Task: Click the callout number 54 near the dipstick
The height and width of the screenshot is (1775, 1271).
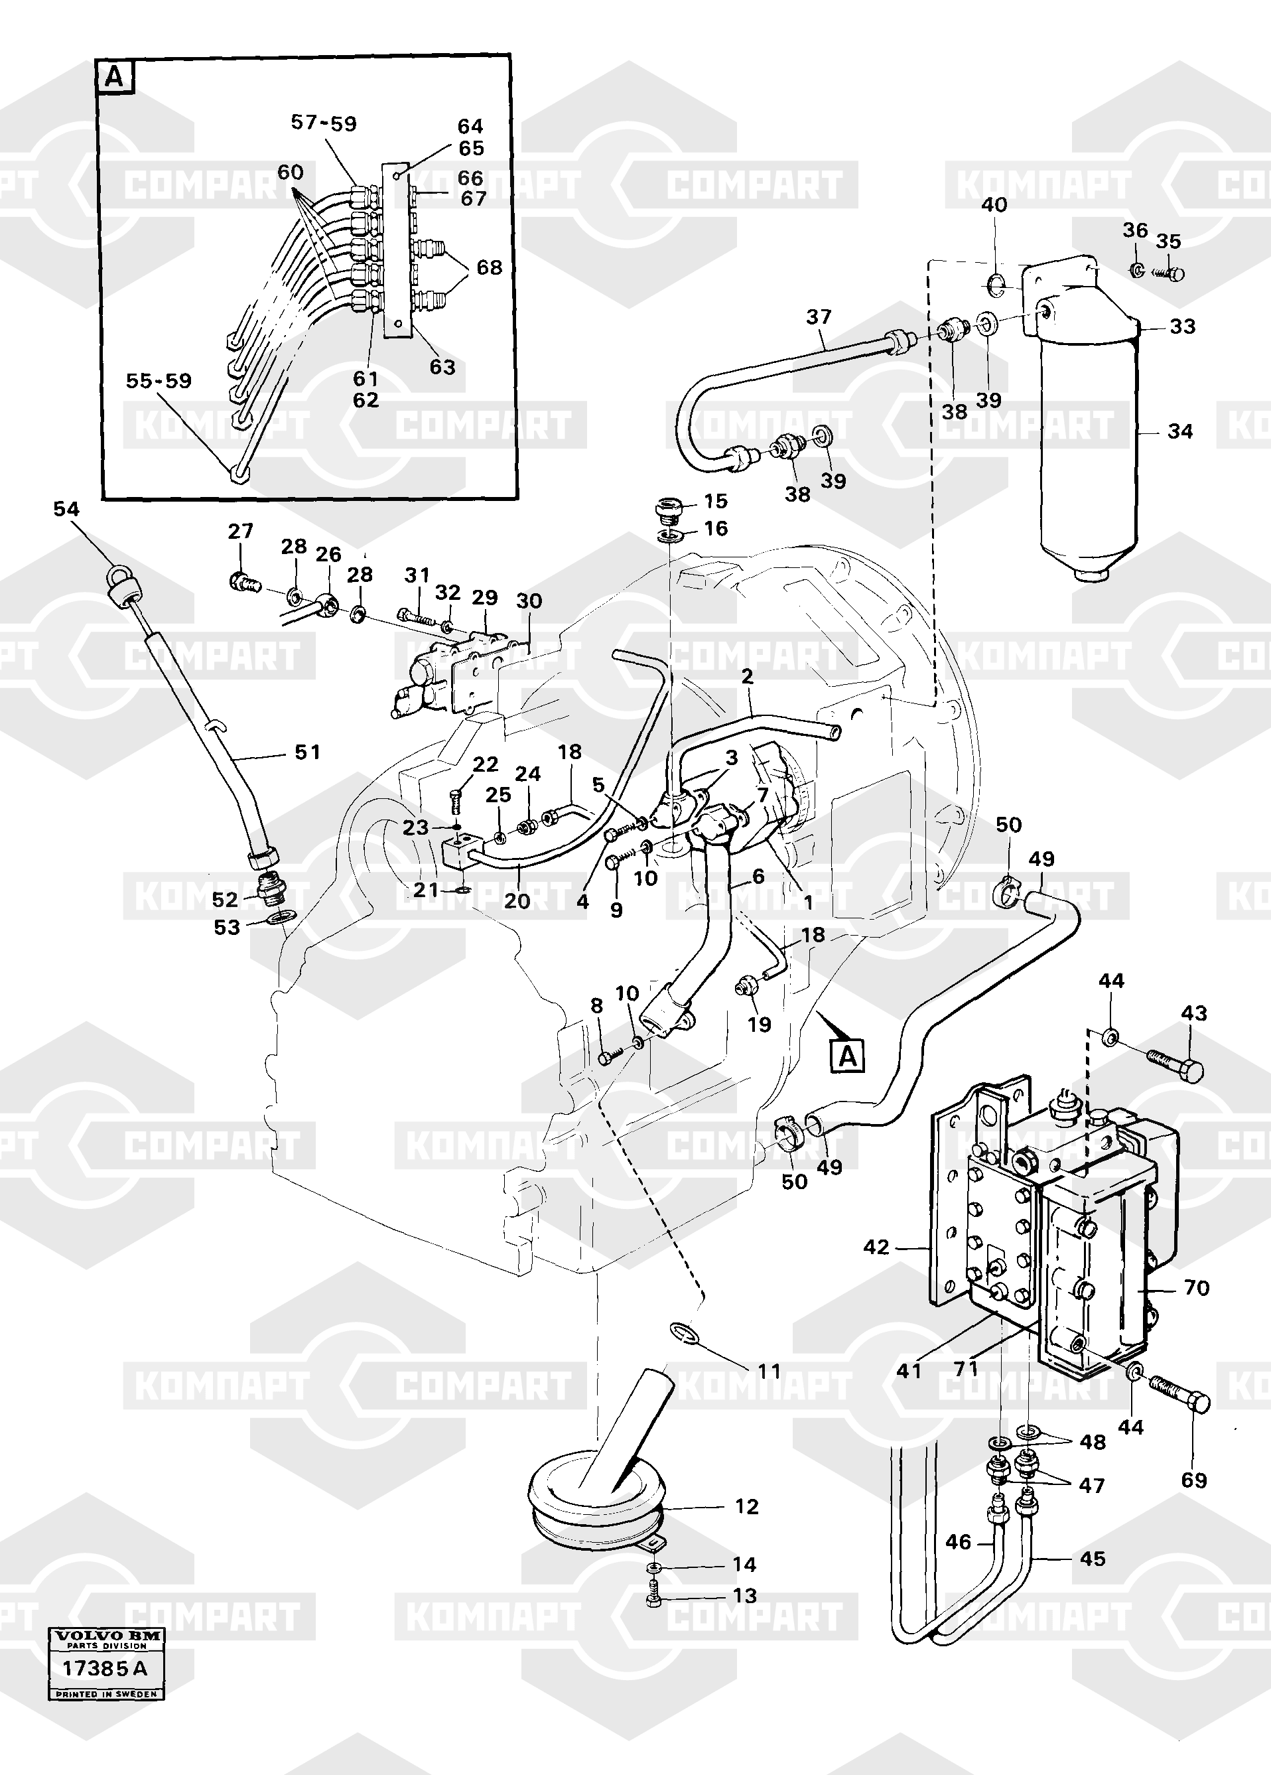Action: pyautogui.click(x=66, y=510)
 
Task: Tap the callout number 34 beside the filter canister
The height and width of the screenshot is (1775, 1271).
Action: pyautogui.click(x=1180, y=431)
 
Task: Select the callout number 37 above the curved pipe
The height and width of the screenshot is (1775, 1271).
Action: pyautogui.click(x=819, y=317)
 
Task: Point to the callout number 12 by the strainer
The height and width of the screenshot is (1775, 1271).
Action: pyautogui.click(x=747, y=1506)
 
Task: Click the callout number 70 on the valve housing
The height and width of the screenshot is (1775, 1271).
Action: pyautogui.click(x=1197, y=1287)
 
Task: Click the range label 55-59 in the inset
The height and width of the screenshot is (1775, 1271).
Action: pyautogui.click(x=159, y=381)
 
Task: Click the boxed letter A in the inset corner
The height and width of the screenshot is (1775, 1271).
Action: pyautogui.click(x=114, y=77)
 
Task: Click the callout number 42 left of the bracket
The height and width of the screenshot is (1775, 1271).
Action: pyautogui.click(x=876, y=1247)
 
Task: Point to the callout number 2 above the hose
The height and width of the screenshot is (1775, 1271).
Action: pyautogui.click(x=747, y=677)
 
